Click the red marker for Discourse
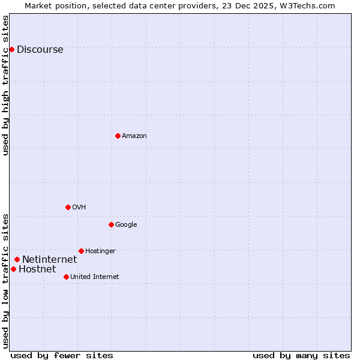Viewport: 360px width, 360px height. [x=11, y=49]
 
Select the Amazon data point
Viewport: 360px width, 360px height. [x=118, y=136]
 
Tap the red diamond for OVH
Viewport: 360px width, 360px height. [x=68, y=207]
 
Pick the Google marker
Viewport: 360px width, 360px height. [x=111, y=224]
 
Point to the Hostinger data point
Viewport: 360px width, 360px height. [x=81, y=251]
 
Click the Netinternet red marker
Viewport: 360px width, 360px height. [x=17, y=259]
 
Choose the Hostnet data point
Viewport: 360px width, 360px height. [x=13, y=269]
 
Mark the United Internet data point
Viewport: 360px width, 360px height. [x=66, y=277]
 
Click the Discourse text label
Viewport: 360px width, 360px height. [x=40, y=50]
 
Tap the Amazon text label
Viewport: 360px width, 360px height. [x=134, y=136]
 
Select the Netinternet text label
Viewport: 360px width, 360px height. [x=49, y=260]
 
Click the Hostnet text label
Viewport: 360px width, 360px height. [x=37, y=269]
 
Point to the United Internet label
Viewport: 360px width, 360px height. [x=94, y=277]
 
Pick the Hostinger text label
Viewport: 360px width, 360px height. [x=100, y=251]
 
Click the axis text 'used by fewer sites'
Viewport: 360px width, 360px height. [x=62, y=355]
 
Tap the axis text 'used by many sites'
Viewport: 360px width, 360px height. [x=301, y=355]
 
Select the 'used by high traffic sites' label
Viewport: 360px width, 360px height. [x=6, y=85]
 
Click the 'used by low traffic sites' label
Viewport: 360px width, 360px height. [x=6, y=281]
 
